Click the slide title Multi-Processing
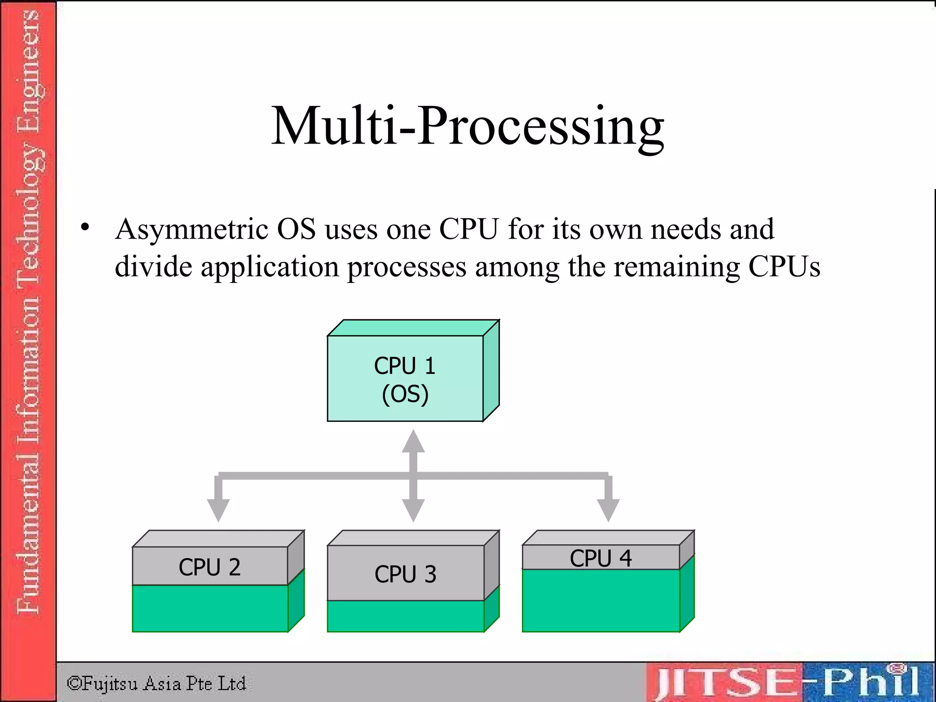468,126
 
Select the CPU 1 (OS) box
405,378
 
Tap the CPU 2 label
210,567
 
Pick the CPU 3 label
405,574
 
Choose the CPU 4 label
601,558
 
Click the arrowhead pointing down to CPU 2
218,510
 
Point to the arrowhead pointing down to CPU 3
413,510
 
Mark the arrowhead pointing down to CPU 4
608,510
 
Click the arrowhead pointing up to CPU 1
413,441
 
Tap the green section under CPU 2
210,608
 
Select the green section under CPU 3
405,616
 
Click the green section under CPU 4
601,600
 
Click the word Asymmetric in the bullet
191,229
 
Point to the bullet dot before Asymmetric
85,227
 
